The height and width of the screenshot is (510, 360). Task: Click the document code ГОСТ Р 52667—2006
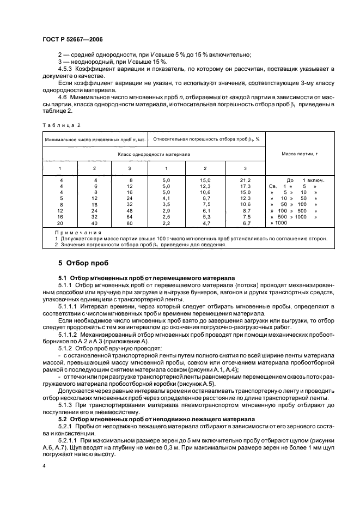(x=72, y=39)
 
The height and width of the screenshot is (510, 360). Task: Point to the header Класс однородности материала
(x=153, y=155)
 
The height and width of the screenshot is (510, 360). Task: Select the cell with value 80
(x=130, y=223)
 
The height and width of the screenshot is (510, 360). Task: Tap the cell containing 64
(x=130, y=216)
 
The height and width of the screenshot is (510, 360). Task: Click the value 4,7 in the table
(x=205, y=223)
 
